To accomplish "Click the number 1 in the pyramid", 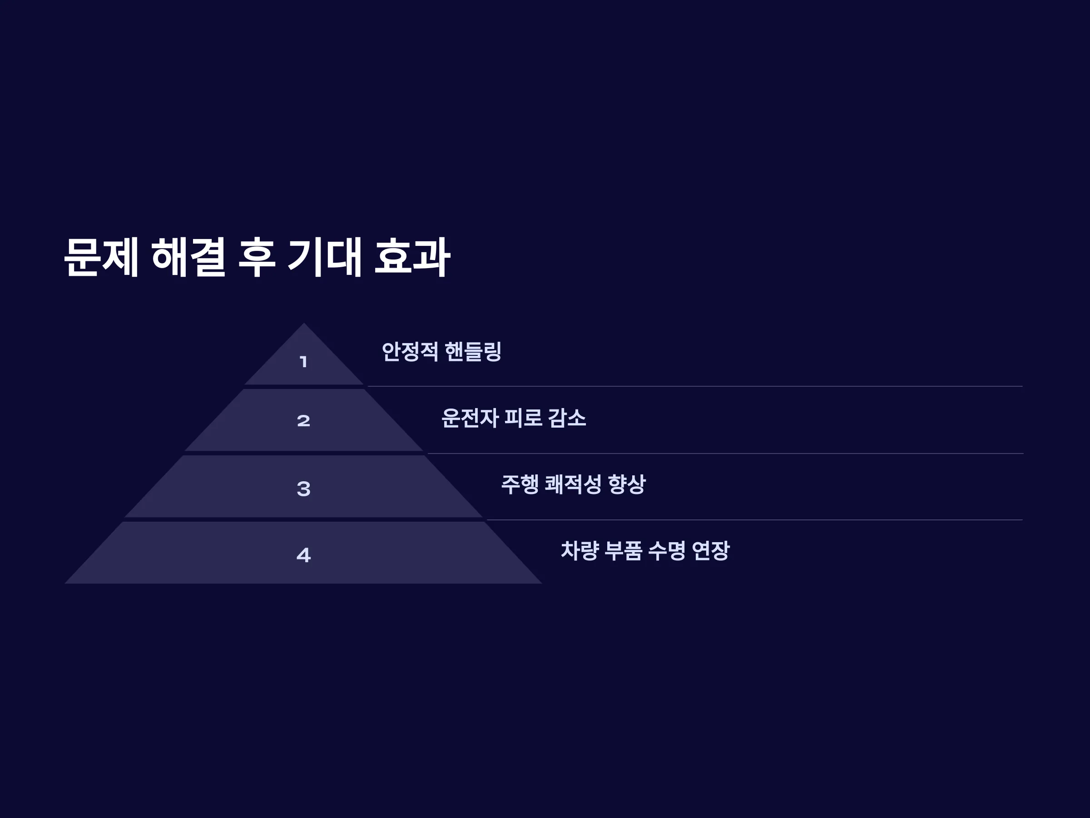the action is coord(303,362).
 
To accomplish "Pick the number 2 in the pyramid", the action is coord(303,420).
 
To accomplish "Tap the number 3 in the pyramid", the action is coord(303,489).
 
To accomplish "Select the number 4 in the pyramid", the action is coord(303,555).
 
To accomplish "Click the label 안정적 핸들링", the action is coord(441,352).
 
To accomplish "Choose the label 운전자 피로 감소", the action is coord(514,418).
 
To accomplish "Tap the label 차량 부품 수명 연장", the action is coord(645,551).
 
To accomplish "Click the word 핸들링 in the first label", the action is coord(473,352).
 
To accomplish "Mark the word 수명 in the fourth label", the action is coord(667,551).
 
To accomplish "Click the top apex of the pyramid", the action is coord(303,323).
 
